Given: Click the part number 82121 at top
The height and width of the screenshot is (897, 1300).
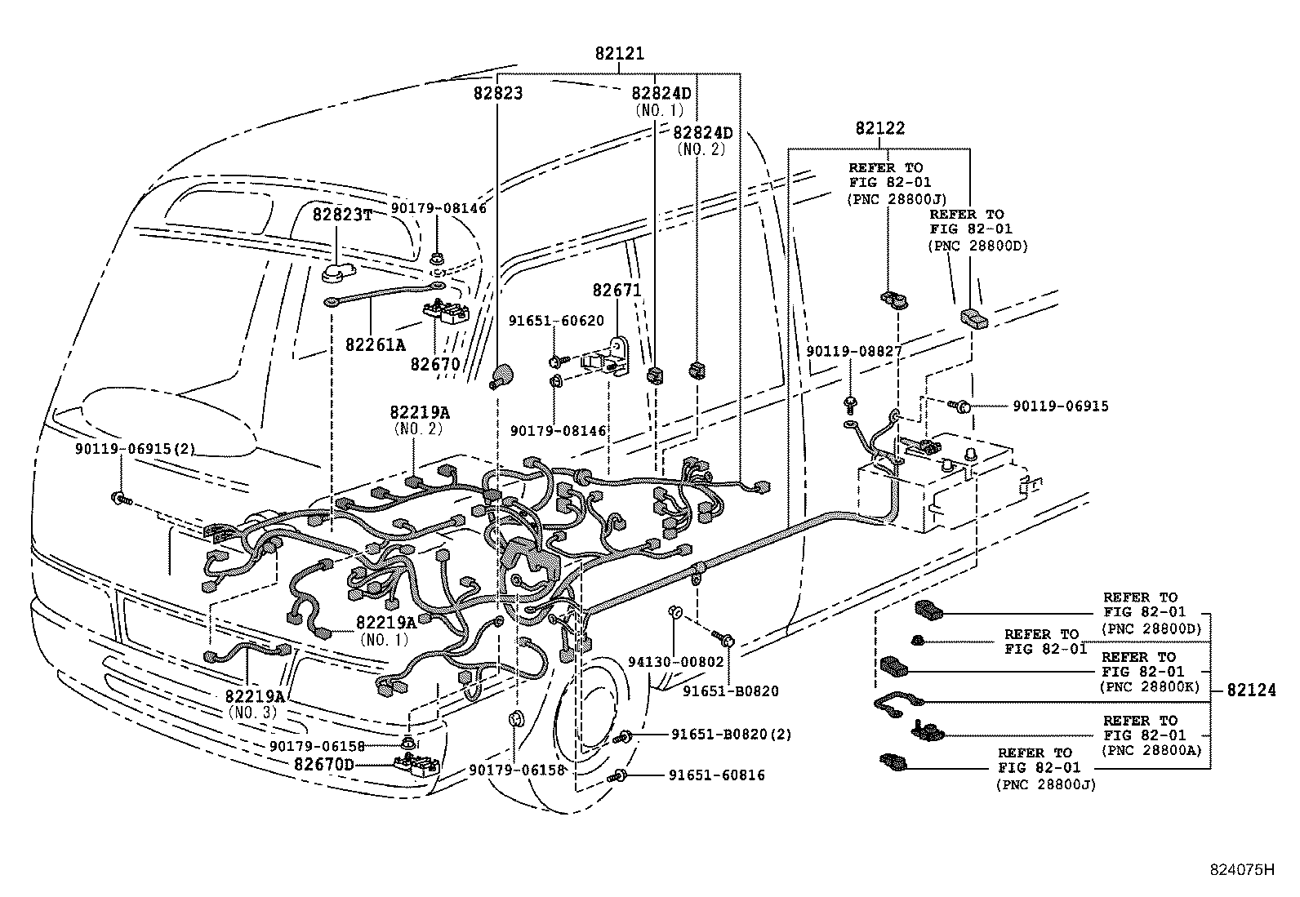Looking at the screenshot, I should click(619, 55).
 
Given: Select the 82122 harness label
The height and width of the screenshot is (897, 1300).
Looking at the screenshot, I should click(879, 128).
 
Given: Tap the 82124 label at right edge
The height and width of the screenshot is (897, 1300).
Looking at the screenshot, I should click(1250, 691).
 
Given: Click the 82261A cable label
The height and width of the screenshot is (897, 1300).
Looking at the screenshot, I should click(375, 344).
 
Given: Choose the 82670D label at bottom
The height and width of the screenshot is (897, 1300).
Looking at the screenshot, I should click(324, 765).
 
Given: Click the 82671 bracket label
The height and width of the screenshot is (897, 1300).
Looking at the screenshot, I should click(617, 291).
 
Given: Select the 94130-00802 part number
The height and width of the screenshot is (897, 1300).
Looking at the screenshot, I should click(676, 662).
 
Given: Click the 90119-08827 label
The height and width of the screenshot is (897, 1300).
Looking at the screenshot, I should click(853, 351).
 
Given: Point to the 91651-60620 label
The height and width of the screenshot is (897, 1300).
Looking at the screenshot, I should click(556, 321).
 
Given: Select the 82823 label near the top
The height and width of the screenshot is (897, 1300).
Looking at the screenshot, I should click(497, 93).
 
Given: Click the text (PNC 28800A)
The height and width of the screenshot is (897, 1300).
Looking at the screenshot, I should click(1152, 750).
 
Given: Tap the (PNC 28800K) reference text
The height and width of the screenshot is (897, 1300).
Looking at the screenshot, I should click(1150, 686).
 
